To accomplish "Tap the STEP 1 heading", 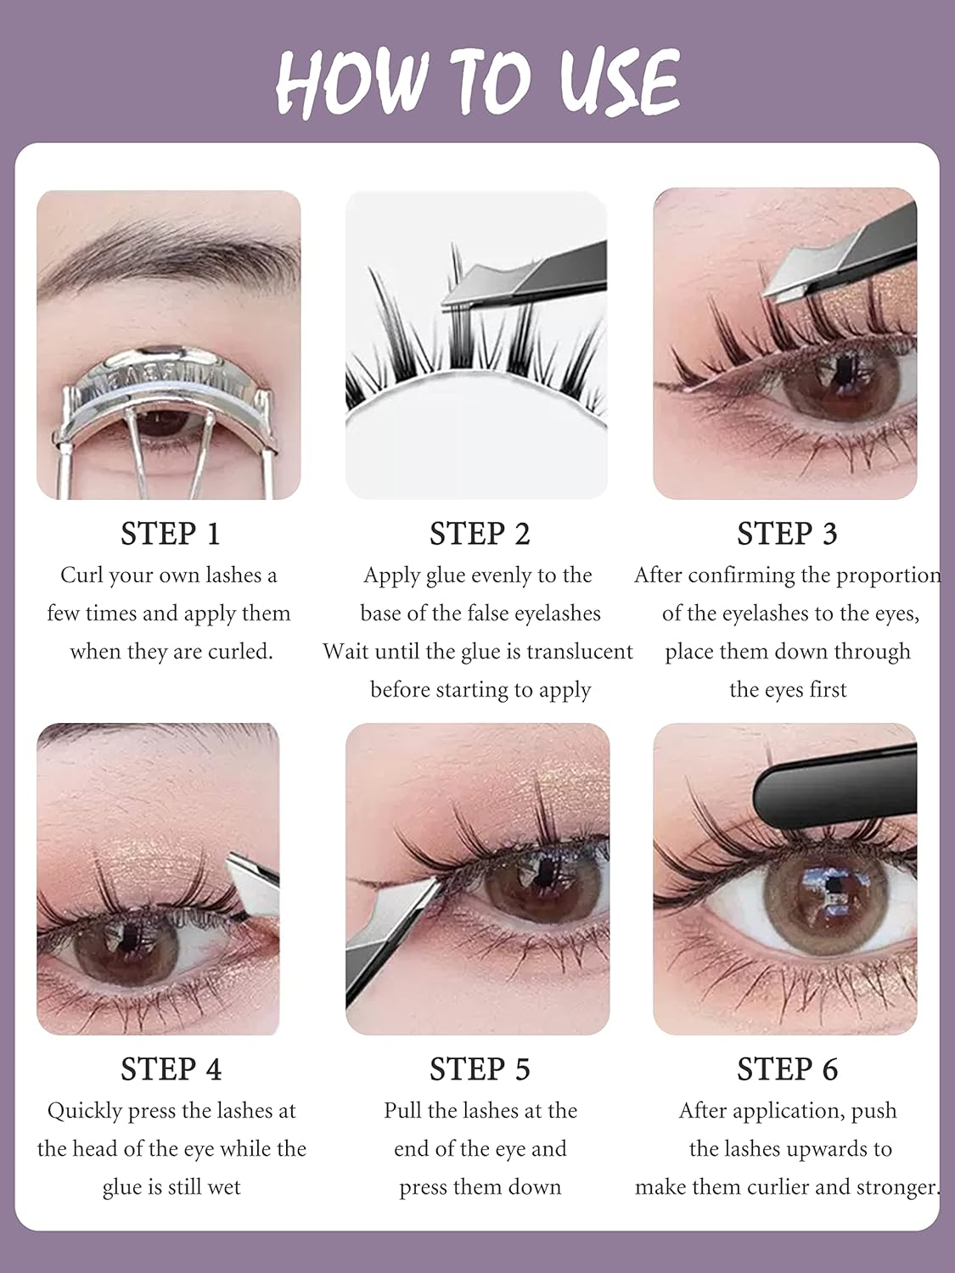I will [170, 534].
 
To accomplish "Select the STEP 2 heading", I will [480, 534].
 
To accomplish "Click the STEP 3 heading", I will [787, 534].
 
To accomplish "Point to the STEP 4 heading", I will [171, 1069].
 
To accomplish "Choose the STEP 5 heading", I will [480, 1069].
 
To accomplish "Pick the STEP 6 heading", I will [787, 1069].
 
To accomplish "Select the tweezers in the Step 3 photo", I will [840, 263].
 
